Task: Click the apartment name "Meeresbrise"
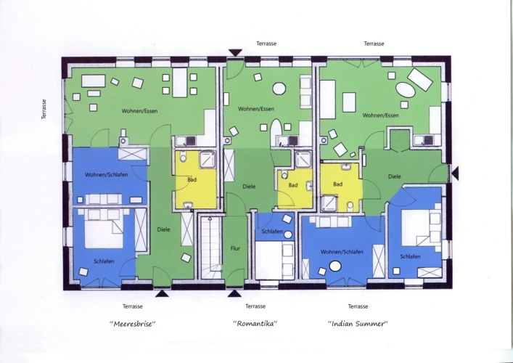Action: click(133, 324)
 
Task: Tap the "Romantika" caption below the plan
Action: click(255, 324)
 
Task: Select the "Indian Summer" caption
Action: click(358, 324)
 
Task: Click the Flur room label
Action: click(235, 248)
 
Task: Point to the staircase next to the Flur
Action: click(210, 248)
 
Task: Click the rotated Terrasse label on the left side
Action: click(44, 110)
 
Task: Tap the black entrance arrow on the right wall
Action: click(455, 173)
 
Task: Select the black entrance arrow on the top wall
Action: click(235, 53)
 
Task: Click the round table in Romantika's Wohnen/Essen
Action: click(279, 89)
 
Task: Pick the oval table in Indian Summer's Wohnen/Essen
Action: click(406, 90)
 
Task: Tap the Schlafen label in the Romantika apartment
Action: click(272, 232)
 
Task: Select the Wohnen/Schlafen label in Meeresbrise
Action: click(107, 175)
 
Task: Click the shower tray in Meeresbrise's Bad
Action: click(208, 160)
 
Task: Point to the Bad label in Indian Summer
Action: click(337, 184)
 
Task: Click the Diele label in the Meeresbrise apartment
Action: click(163, 229)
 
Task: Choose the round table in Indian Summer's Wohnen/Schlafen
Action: click(335, 266)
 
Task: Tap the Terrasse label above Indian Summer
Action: click(374, 44)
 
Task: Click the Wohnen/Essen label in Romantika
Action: click(256, 109)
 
